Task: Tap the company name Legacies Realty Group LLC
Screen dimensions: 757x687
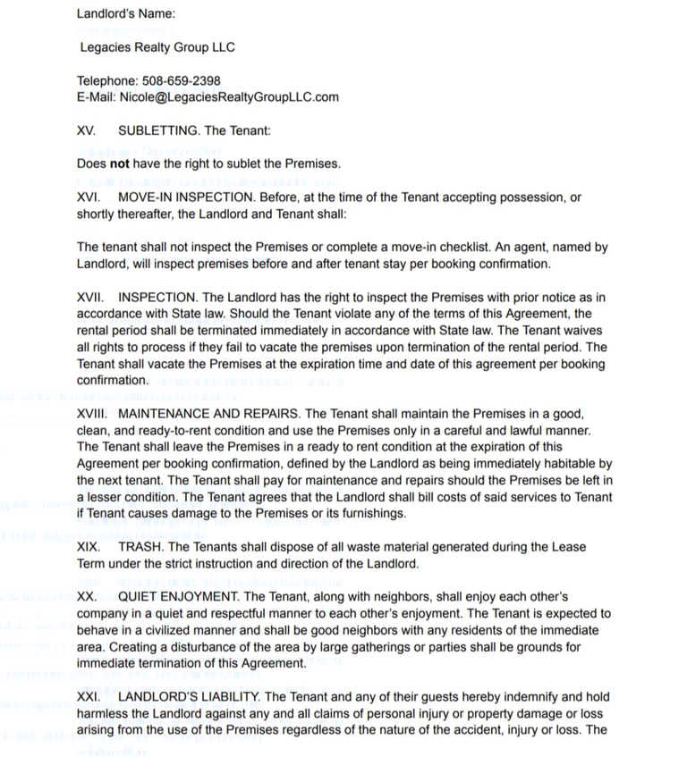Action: point(157,47)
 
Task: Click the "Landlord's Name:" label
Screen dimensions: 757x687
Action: point(126,13)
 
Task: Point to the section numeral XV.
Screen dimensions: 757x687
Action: point(86,130)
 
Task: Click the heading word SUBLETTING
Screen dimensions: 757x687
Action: point(159,130)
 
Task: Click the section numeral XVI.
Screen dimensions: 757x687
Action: point(89,198)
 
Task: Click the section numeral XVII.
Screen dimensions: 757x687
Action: point(90,297)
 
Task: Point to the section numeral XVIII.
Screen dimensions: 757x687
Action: point(92,414)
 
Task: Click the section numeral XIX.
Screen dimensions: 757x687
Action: point(89,546)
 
